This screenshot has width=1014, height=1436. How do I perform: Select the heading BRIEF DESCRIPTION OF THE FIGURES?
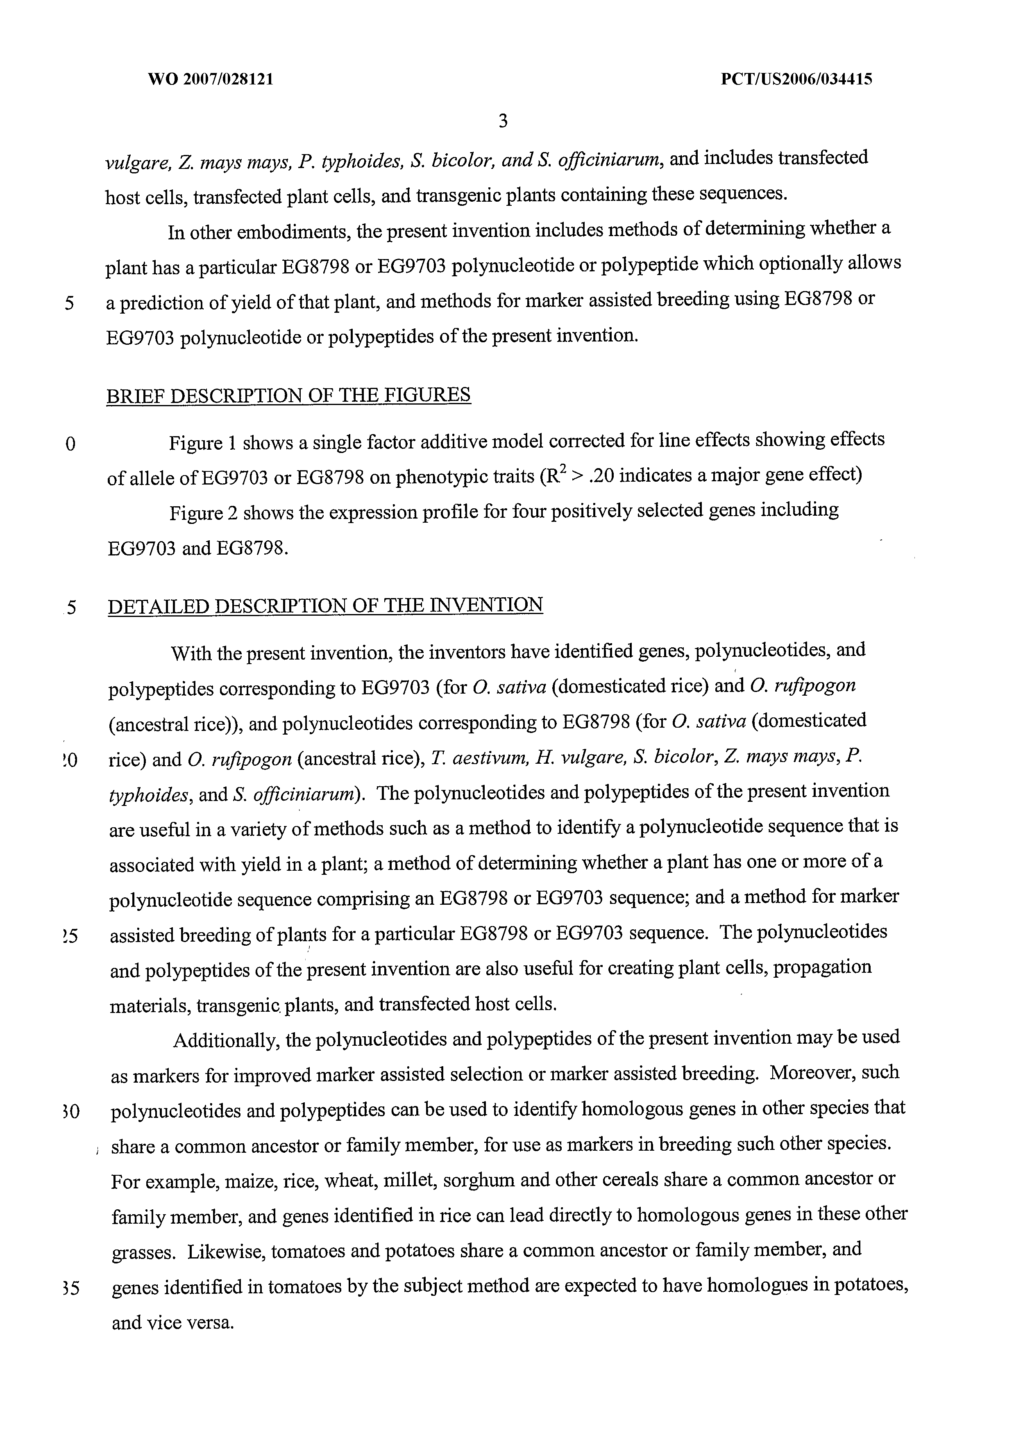[x=288, y=396]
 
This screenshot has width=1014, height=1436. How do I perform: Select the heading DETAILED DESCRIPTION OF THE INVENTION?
[x=325, y=605]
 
